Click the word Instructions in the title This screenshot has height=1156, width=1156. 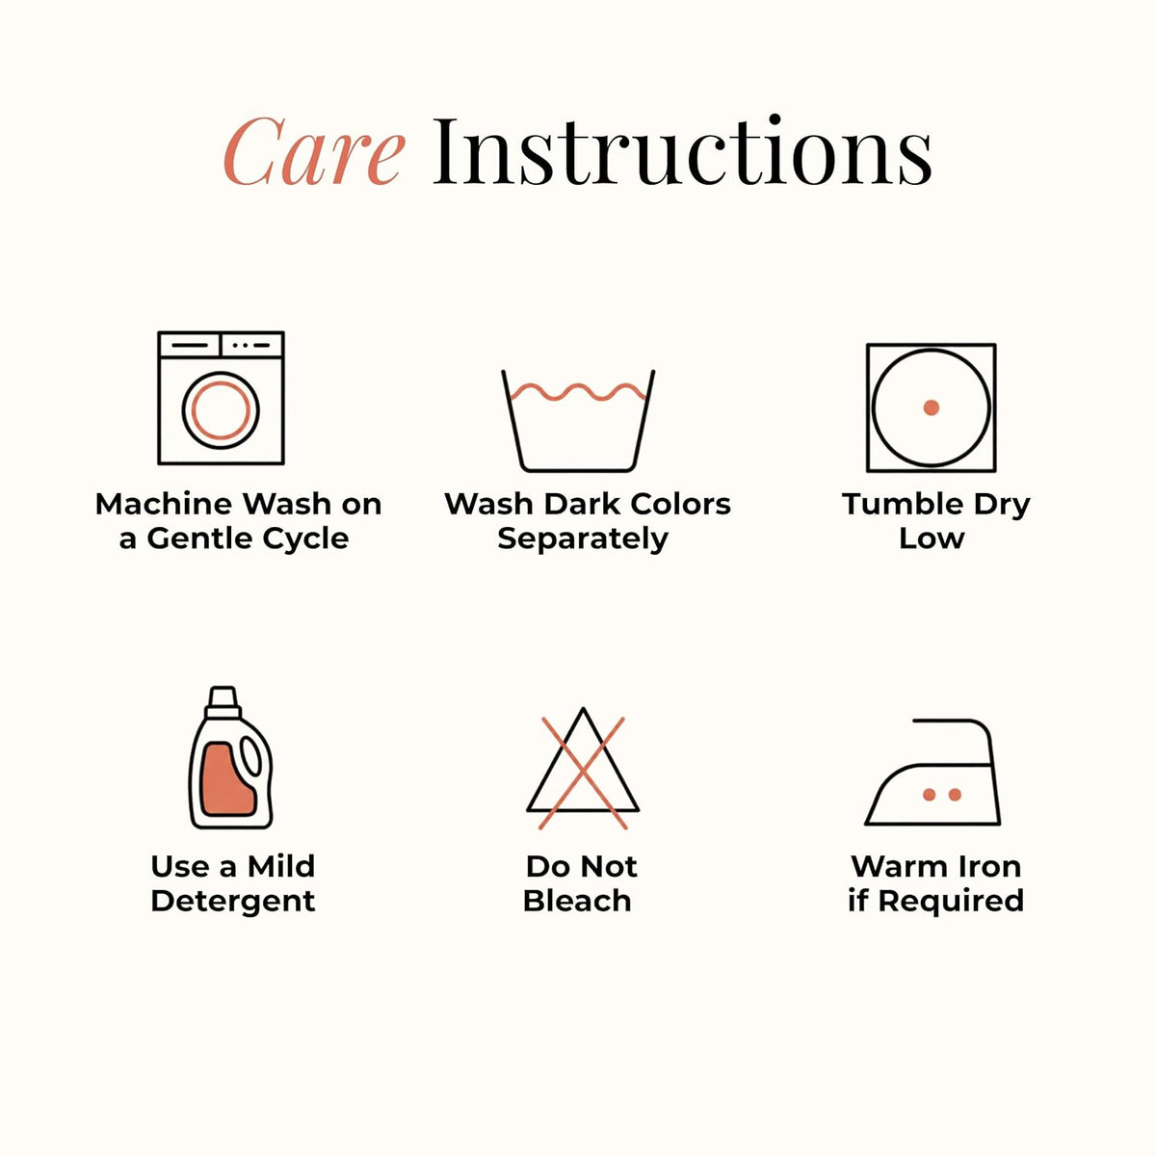(682, 149)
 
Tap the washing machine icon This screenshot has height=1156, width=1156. (221, 398)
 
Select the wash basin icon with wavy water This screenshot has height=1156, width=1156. (578, 421)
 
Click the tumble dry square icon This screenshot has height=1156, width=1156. (931, 407)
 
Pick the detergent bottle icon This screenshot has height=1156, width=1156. (231, 758)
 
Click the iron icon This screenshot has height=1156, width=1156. (933, 772)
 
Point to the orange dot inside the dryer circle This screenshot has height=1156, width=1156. (931, 407)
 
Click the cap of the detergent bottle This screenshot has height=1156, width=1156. (223, 700)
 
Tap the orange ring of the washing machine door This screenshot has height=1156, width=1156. (221, 410)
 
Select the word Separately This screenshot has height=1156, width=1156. (583, 539)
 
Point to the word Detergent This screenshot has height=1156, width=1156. (233, 901)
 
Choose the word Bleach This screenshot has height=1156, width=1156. (577, 901)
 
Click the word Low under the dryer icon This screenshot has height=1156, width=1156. (932, 539)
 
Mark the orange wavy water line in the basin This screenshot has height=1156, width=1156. (578, 392)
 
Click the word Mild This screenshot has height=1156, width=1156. (281, 866)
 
